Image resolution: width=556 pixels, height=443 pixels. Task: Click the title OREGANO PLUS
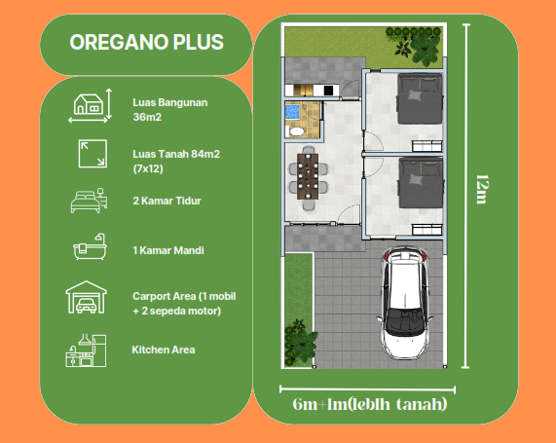pos(146,43)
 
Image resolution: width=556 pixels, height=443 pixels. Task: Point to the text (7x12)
pos(148,168)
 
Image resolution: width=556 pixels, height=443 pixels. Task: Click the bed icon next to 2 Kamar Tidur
pos(89,202)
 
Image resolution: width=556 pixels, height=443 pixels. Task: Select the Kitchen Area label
pos(164,349)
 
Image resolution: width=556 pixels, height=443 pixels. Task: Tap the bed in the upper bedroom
pos(421,95)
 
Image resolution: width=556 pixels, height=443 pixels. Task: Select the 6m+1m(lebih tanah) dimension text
pos(370,403)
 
